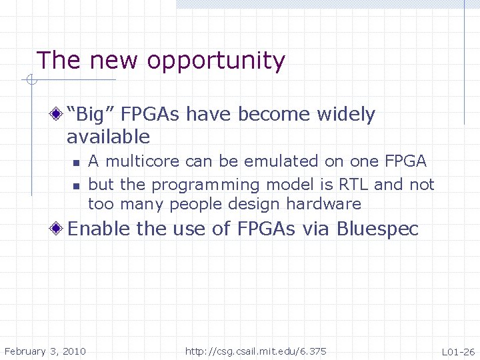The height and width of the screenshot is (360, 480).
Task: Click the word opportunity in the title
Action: pyautogui.click(x=216, y=61)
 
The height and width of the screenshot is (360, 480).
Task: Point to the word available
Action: pyautogui.click(x=108, y=137)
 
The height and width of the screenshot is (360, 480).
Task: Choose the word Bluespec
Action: pyautogui.click(x=377, y=229)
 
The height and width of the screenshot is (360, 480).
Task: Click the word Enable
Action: pyautogui.click(x=99, y=229)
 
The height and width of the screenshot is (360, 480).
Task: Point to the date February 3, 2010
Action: pyautogui.click(x=45, y=351)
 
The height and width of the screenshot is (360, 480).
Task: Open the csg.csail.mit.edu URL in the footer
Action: pyautogui.click(x=255, y=351)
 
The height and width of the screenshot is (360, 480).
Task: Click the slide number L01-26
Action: pyautogui.click(x=458, y=351)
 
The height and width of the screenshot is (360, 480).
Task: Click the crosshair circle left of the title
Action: pyautogui.click(x=29, y=81)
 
